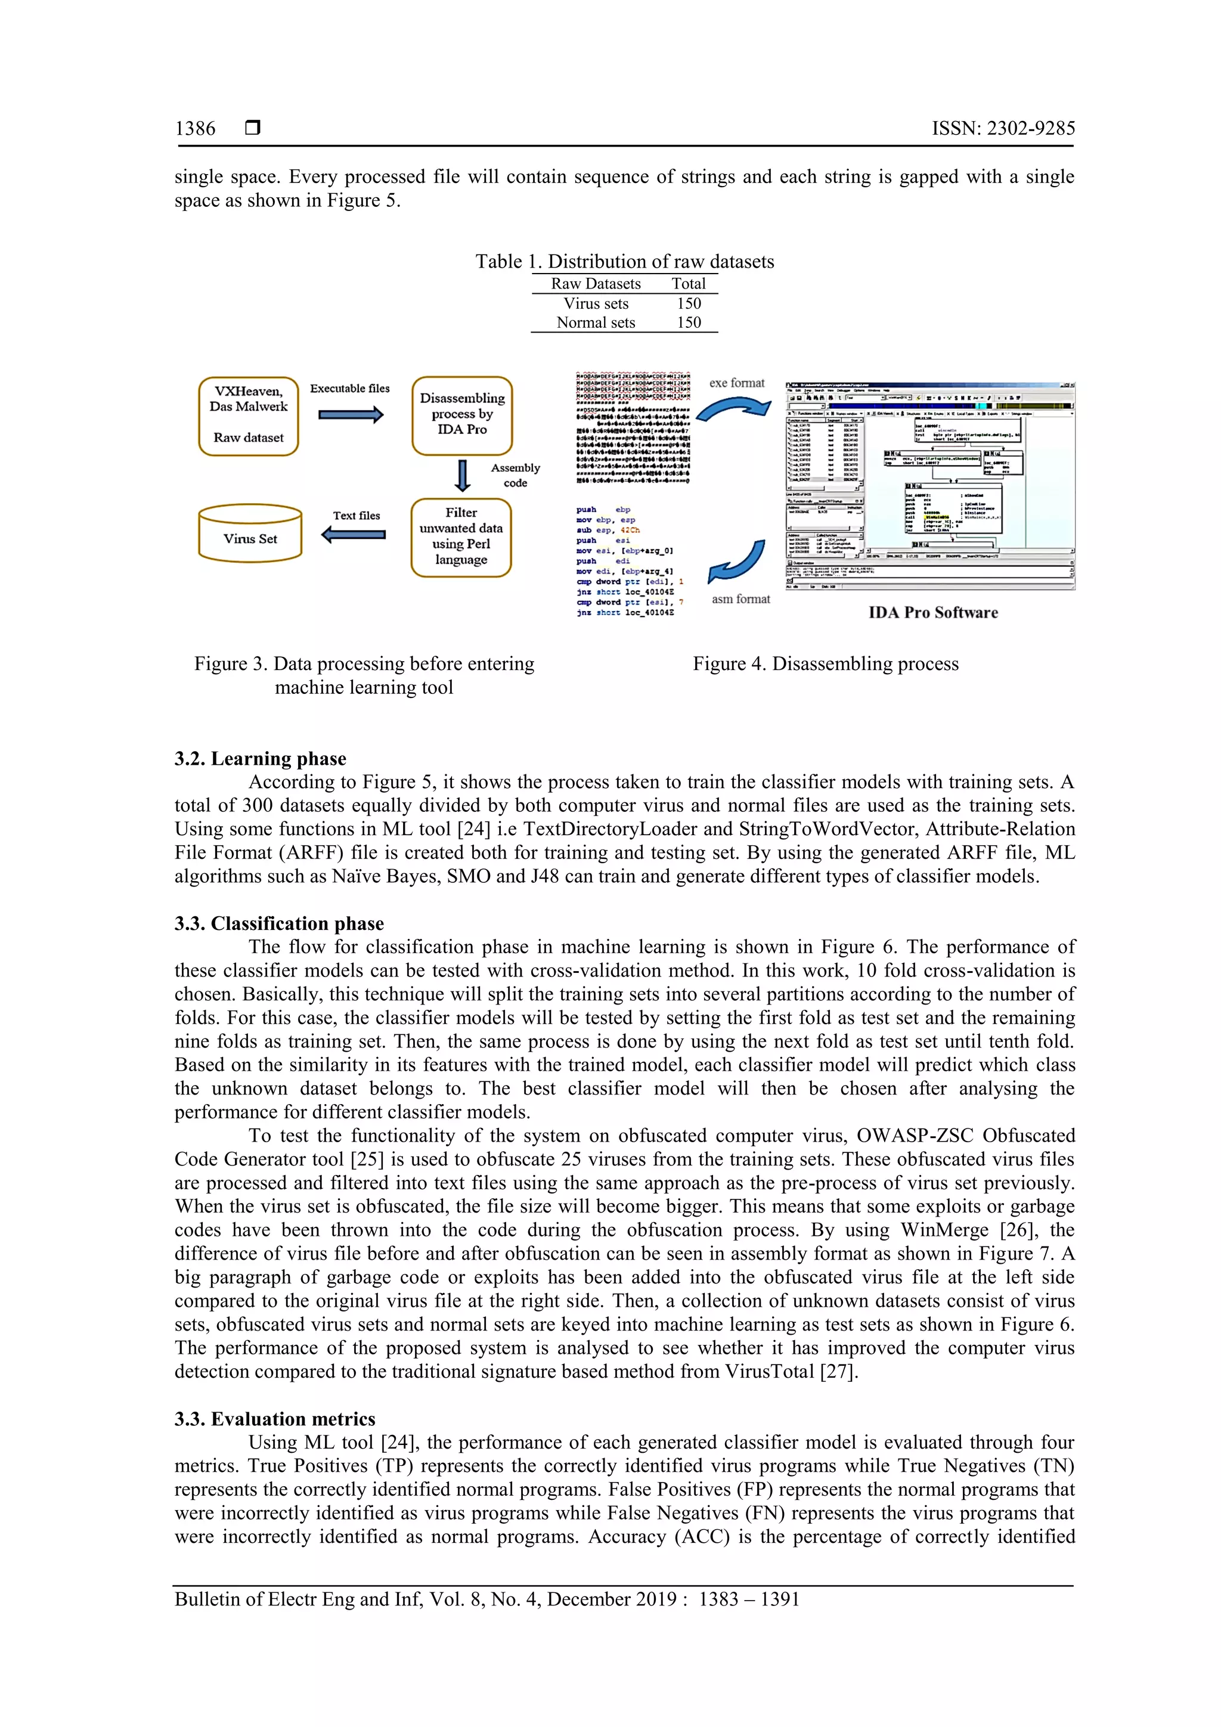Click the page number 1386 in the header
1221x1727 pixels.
pyautogui.click(x=195, y=129)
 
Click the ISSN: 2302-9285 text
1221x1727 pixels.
pyautogui.click(x=1003, y=129)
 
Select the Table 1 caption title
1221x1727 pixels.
pyautogui.click(x=624, y=262)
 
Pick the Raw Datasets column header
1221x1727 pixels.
pyautogui.click(x=596, y=284)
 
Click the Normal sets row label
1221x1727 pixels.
pyautogui.click(x=596, y=323)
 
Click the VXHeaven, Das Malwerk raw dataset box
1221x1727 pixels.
pyautogui.click(x=248, y=416)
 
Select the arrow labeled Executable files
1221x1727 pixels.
pyautogui.click(x=351, y=414)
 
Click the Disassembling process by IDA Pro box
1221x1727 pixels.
pyautogui.click(x=462, y=415)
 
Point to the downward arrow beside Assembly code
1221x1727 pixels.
pyautogui.click(x=463, y=475)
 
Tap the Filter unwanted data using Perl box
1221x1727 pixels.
pyautogui.click(x=461, y=537)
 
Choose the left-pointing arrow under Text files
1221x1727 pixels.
pyautogui.click(x=353, y=535)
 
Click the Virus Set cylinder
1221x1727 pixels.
pyautogui.click(x=250, y=535)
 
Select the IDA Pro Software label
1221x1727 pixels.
pyautogui.click(x=933, y=612)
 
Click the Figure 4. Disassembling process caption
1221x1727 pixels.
pyautogui.click(x=825, y=663)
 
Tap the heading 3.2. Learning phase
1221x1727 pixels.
pyautogui.click(x=261, y=758)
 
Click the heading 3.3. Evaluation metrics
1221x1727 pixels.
pyautogui.click(x=275, y=1419)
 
